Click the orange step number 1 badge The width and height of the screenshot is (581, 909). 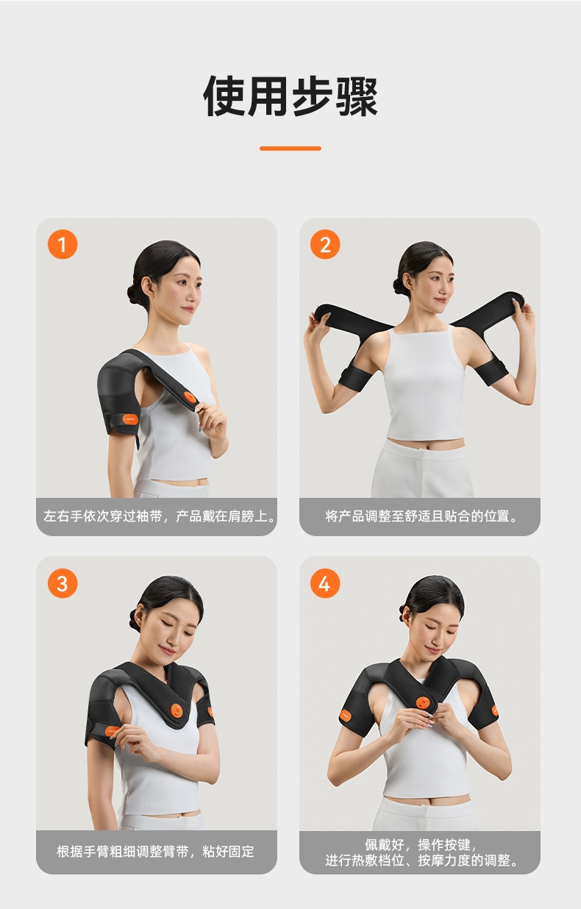(x=63, y=244)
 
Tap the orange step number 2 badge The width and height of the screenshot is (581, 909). (x=325, y=244)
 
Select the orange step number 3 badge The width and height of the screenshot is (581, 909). (x=63, y=583)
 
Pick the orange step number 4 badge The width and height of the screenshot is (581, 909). (x=325, y=583)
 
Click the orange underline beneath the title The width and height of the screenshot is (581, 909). (x=290, y=149)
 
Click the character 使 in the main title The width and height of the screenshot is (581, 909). (x=224, y=96)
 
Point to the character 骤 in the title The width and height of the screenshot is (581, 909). (x=357, y=96)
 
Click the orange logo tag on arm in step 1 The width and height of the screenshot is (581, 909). (x=131, y=418)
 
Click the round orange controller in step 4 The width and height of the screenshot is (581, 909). (x=423, y=702)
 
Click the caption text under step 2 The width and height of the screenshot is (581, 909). (x=420, y=516)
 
